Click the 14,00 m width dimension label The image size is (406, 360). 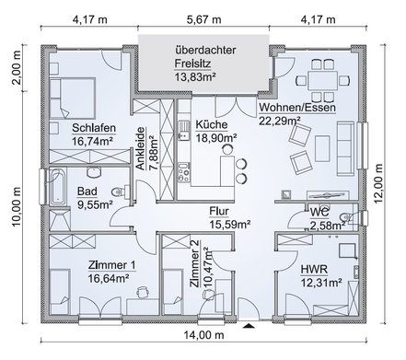pyautogui.click(x=203, y=335)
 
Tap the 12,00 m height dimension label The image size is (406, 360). pyautogui.click(x=378, y=183)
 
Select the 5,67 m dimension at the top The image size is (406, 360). pyautogui.click(x=203, y=19)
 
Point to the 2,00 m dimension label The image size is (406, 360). pyautogui.click(x=17, y=67)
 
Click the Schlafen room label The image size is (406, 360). pyautogui.click(x=94, y=128)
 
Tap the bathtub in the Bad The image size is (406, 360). pyautogui.click(x=58, y=186)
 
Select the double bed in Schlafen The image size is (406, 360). pyautogui.click(x=72, y=98)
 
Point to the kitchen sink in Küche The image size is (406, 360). pyautogui.click(x=184, y=131)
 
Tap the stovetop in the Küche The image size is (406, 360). pyautogui.click(x=184, y=173)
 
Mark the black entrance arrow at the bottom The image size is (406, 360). pyautogui.click(x=249, y=325)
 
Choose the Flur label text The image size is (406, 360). pyautogui.click(x=219, y=211)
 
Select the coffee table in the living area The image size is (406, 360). pyautogui.click(x=322, y=145)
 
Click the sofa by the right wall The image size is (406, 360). pyautogui.click(x=345, y=148)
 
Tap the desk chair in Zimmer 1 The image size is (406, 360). pyautogui.click(x=143, y=292)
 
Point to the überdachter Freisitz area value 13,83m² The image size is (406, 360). pyautogui.click(x=195, y=76)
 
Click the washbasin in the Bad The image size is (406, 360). pyautogui.click(x=94, y=172)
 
